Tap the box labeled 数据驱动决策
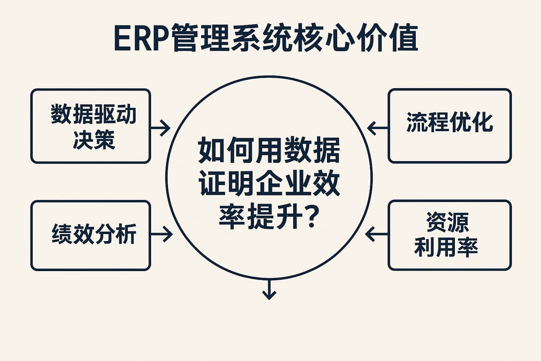coord(90,126)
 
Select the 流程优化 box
coord(450,126)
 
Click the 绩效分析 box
coord(90,235)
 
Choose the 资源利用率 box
coord(450,235)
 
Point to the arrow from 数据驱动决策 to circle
coord(160,127)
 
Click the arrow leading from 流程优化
coord(377,127)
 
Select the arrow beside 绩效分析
coord(162,234)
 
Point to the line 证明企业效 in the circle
coord(269,184)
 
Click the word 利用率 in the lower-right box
coord(446,246)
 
